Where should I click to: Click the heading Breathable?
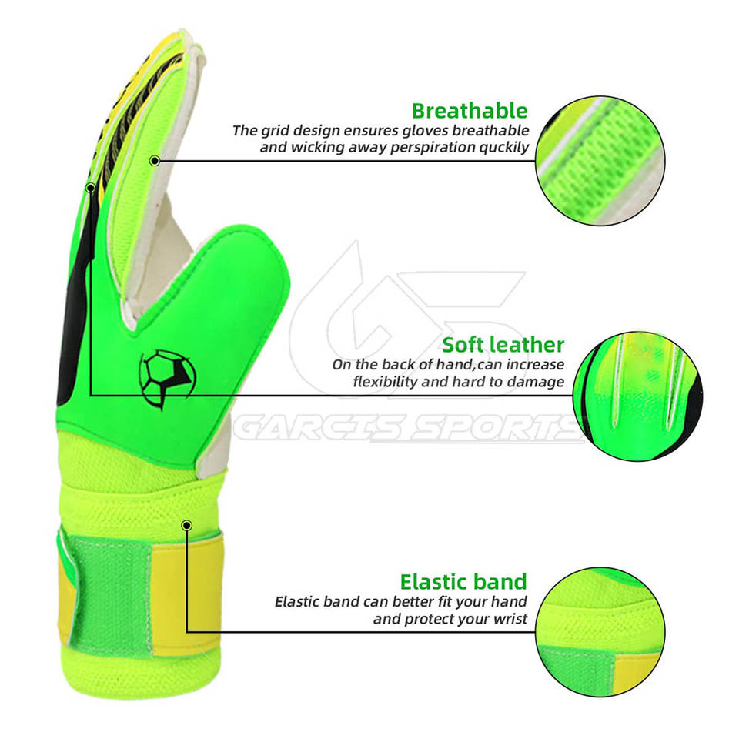[x=470, y=110]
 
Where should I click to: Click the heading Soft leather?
[x=503, y=344]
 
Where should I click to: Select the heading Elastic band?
[x=463, y=580]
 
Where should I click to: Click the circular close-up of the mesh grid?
[x=600, y=160]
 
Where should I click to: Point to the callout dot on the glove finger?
[x=155, y=161]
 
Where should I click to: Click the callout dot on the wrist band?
[x=186, y=525]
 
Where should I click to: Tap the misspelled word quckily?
[x=500, y=147]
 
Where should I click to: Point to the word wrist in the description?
[x=509, y=618]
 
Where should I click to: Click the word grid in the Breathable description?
[x=275, y=130]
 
